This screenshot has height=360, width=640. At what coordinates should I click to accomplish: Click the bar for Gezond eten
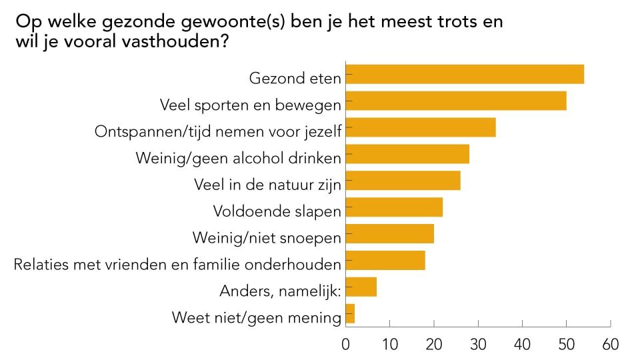pyautogui.click(x=465, y=74)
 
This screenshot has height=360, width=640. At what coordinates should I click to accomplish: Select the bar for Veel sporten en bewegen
pyautogui.click(x=456, y=101)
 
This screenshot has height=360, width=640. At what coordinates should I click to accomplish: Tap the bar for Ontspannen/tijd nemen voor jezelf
pyautogui.click(x=421, y=127)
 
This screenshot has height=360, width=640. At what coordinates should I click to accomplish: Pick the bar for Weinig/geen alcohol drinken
pyautogui.click(x=407, y=154)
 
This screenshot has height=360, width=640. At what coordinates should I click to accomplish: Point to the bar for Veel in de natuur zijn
pyautogui.click(x=403, y=181)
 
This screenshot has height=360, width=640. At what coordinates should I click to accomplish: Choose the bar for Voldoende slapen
pyautogui.click(x=394, y=207)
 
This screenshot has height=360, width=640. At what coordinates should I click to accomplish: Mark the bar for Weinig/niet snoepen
pyautogui.click(x=390, y=234)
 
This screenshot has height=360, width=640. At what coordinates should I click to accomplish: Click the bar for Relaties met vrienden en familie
pyautogui.click(x=385, y=260)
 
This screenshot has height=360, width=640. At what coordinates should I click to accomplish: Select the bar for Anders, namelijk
pyautogui.click(x=361, y=287)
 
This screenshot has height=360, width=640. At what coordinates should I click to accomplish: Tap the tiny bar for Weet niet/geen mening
pyautogui.click(x=351, y=313)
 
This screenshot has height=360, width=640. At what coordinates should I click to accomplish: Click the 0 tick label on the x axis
pyautogui.click(x=346, y=345)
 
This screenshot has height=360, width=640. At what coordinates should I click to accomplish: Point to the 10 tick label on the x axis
pyautogui.click(x=390, y=345)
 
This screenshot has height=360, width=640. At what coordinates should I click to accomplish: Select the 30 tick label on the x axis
pyautogui.click(x=478, y=345)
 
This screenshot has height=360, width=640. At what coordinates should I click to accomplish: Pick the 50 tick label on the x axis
pyautogui.click(x=566, y=345)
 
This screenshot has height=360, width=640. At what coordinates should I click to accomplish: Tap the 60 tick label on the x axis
pyautogui.click(x=610, y=345)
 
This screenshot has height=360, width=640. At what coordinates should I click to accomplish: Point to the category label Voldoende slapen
pyautogui.click(x=277, y=211)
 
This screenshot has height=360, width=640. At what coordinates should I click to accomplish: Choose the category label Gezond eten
pyautogui.click(x=295, y=78)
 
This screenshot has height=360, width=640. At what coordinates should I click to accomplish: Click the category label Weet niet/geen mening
pyautogui.click(x=257, y=317)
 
